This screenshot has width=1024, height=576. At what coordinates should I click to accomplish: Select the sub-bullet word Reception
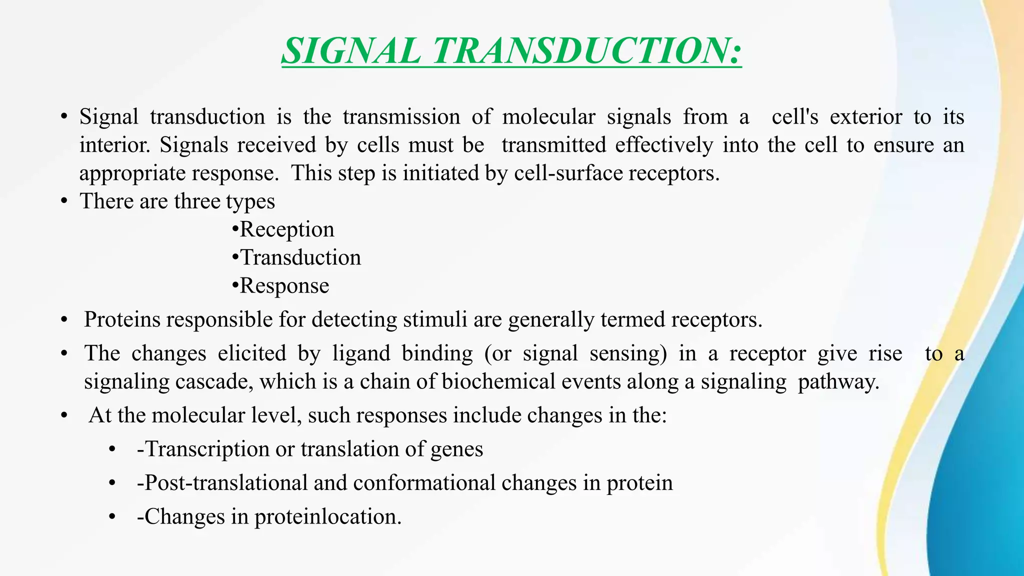[x=287, y=229]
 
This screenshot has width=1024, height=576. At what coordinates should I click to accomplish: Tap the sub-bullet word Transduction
[x=300, y=257]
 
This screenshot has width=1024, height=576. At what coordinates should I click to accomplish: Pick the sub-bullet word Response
[x=284, y=286]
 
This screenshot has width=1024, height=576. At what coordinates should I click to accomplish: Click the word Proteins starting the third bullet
[x=122, y=319]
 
